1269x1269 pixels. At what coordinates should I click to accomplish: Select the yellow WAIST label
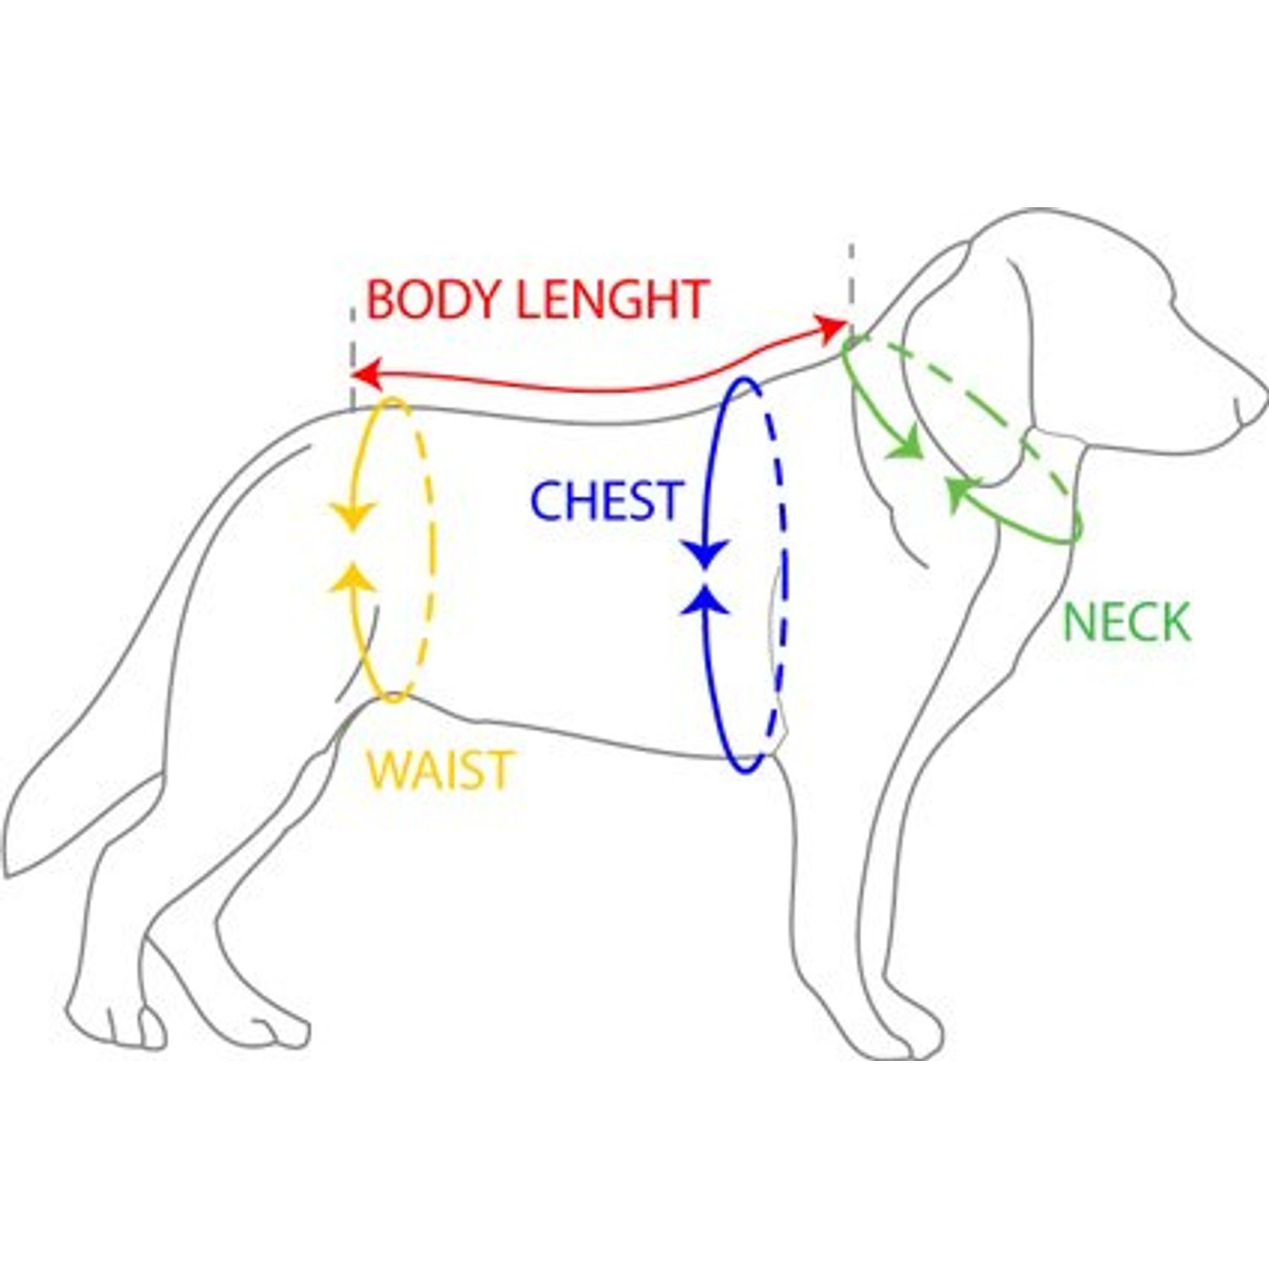tap(439, 770)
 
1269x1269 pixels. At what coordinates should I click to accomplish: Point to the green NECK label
tap(1126, 622)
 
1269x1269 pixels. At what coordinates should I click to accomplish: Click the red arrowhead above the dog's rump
tap(365, 372)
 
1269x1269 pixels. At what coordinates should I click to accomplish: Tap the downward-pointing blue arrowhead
tap(706, 554)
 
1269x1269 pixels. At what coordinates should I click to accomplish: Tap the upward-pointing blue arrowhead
tap(706, 599)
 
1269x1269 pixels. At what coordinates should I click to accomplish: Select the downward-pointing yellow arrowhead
tap(352, 515)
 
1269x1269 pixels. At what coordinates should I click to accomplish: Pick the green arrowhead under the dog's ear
tap(961, 494)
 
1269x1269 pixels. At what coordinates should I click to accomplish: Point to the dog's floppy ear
tap(973, 364)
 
